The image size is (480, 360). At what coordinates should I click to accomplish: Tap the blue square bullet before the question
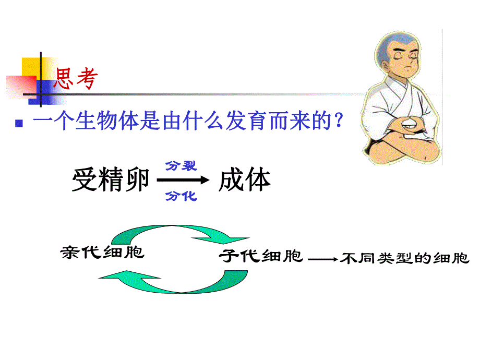pyautogui.click(x=19, y=124)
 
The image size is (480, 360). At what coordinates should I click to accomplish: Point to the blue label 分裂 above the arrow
pyautogui.click(x=181, y=166)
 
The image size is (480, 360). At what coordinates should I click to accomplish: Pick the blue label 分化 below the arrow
pyautogui.click(x=181, y=196)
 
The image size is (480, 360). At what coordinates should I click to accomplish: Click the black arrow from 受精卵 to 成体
pyautogui.click(x=183, y=181)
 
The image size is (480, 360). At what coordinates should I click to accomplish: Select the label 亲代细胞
pyautogui.click(x=102, y=253)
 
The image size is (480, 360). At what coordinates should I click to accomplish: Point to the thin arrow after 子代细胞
pyautogui.click(x=323, y=258)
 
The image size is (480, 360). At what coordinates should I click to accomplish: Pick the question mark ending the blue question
pyautogui.click(x=338, y=123)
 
